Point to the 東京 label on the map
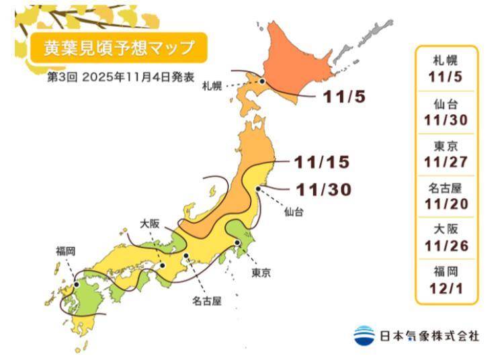click(x=261, y=273)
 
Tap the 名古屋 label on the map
click(x=207, y=300)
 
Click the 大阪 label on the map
click(x=149, y=224)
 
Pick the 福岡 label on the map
click(x=65, y=251)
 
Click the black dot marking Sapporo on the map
click(x=262, y=83)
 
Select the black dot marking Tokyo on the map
click(x=237, y=243)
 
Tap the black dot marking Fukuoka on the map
click(x=77, y=284)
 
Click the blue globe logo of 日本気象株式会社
click(x=364, y=335)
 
